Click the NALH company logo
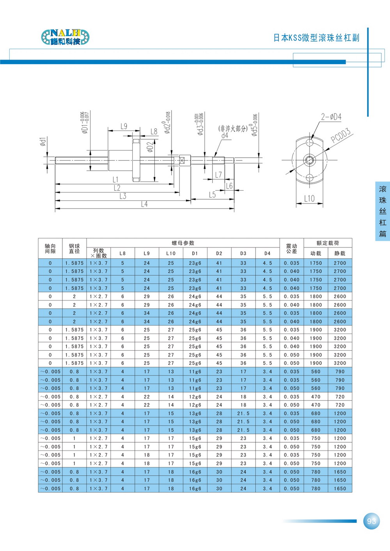(x=65, y=37)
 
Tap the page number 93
(x=371, y=521)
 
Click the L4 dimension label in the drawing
(x=144, y=204)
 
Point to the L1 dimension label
(x=115, y=180)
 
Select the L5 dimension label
(x=212, y=194)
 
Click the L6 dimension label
(x=229, y=186)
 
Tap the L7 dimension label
(x=218, y=175)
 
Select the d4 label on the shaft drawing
(x=225, y=136)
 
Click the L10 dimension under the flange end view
(x=309, y=198)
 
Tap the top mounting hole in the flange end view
(x=310, y=142)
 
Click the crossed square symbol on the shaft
(x=182, y=161)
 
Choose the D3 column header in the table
(x=243, y=253)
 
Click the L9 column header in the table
(x=147, y=253)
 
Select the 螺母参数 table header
(x=183, y=243)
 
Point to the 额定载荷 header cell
(x=328, y=243)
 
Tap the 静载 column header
(x=340, y=253)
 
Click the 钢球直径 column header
(x=74, y=249)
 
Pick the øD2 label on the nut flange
(x=151, y=147)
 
